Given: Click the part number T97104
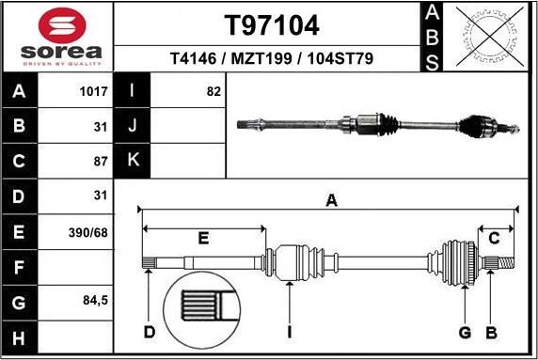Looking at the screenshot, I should (271, 23).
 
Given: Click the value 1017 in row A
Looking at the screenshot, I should (94, 92).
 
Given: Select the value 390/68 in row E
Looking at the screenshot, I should (92, 230).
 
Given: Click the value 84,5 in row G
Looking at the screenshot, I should (95, 301).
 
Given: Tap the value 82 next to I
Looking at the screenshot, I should (213, 92).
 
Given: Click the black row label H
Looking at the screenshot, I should (20, 336).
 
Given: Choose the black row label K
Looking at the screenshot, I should (133, 161).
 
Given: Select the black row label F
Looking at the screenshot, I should (20, 266).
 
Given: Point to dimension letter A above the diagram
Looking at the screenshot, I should (331, 199).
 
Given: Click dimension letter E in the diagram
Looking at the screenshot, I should (202, 239).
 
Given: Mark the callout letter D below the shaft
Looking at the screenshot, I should (149, 332).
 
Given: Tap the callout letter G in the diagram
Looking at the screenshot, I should (464, 332).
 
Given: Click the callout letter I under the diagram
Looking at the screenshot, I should (291, 332).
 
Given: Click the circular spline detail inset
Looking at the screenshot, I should (204, 311).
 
